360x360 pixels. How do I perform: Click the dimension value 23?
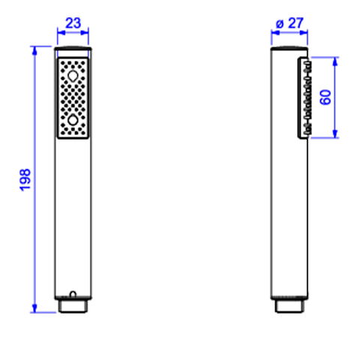[73, 23]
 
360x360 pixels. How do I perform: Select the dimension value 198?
[25, 180]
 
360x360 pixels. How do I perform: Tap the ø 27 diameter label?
[289, 23]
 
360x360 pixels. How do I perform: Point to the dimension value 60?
[325, 97]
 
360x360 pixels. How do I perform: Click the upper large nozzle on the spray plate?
[73, 76]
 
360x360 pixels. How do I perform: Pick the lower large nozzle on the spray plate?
[73, 120]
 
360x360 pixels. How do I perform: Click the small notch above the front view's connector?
[73, 294]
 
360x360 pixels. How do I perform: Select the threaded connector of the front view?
[73, 306]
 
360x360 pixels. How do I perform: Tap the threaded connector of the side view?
[289, 306]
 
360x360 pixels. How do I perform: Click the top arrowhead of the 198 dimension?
[34, 50]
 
